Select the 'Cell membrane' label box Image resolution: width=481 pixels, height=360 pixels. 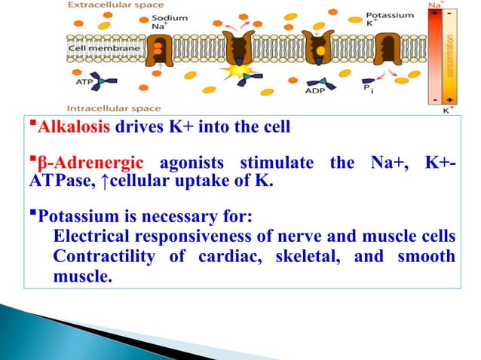coord(95,49)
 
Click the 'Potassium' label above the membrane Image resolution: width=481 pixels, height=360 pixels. coord(390,15)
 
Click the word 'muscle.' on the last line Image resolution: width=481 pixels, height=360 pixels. coord(82,276)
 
